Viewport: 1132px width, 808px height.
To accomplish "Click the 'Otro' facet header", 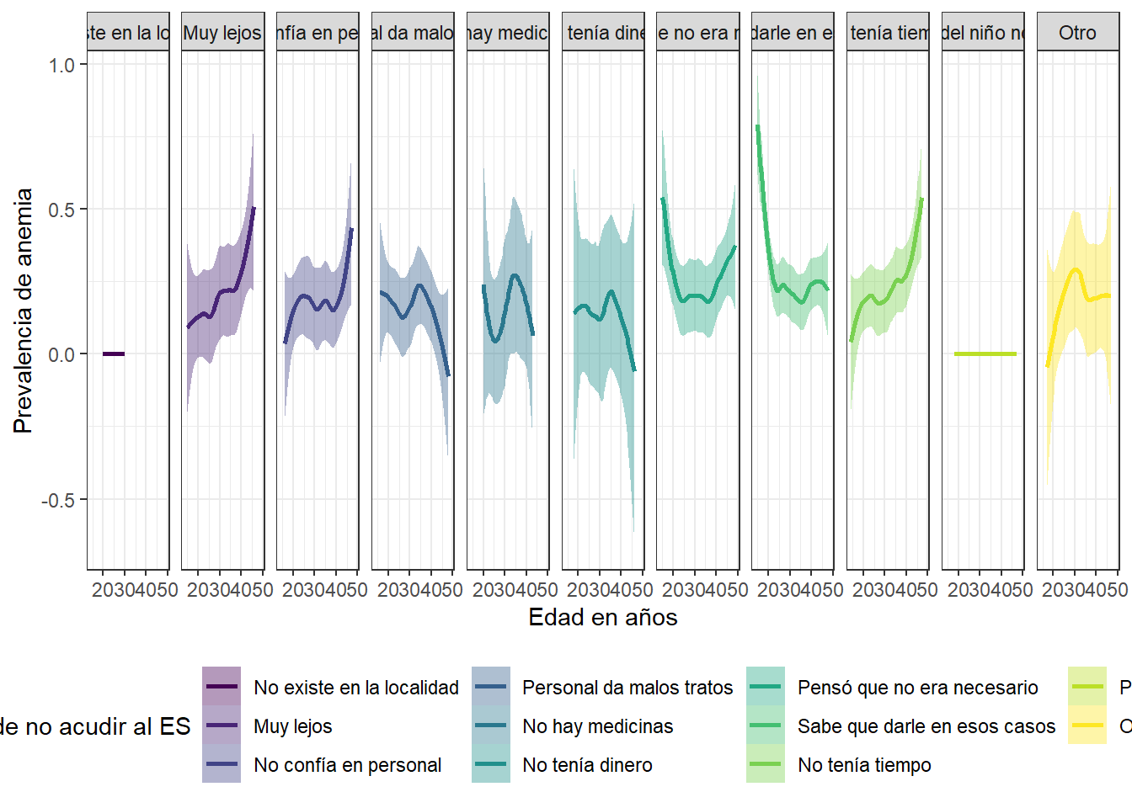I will coord(1077,33).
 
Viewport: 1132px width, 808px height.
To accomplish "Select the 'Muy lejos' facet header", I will coord(222,33).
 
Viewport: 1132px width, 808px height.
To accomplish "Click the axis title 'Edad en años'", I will coord(602,617).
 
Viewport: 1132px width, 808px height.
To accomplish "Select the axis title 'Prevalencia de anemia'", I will coord(24,311).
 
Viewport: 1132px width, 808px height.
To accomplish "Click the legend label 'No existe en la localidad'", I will coord(356,688).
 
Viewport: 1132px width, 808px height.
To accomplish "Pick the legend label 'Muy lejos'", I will coord(293,726).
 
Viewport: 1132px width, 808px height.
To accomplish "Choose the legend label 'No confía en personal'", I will coord(347,765).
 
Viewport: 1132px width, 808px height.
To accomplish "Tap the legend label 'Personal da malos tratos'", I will coord(627,688).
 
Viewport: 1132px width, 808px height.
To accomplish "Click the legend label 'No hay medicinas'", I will coord(598,726).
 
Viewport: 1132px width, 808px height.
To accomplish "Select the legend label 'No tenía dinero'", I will coord(587,765).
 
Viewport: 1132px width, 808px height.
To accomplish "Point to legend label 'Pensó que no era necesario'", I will coord(918,688).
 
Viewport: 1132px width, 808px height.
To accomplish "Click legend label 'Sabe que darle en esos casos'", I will coord(926,726).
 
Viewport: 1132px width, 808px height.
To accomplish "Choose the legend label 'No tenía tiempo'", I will coord(864,765).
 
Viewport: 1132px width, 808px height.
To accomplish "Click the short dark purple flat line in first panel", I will coord(114,354).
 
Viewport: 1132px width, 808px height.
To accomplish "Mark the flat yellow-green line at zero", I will coord(985,354).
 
